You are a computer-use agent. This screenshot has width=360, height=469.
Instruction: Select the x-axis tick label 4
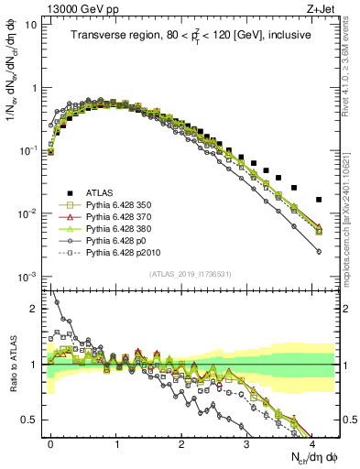click(x=312, y=443)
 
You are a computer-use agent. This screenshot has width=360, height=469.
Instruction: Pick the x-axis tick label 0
click(x=51, y=443)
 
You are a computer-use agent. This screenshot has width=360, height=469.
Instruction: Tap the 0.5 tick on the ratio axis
click(x=33, y=420)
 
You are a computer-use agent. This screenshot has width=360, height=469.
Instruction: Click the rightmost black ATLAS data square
click(x=319, y=199)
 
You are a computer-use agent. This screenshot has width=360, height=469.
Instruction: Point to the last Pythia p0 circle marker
click(x=319, y=251)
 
